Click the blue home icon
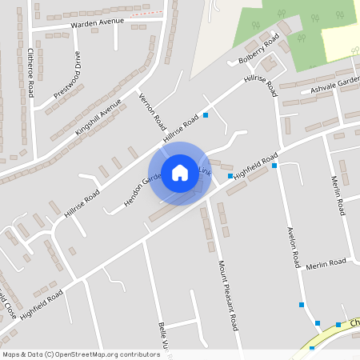tap(180, 173)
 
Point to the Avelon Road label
tap(293, 247)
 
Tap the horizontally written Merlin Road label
tap(325, 263)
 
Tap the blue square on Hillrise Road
tap(206, 115)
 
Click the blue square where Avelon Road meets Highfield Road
tap(274, 166)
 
